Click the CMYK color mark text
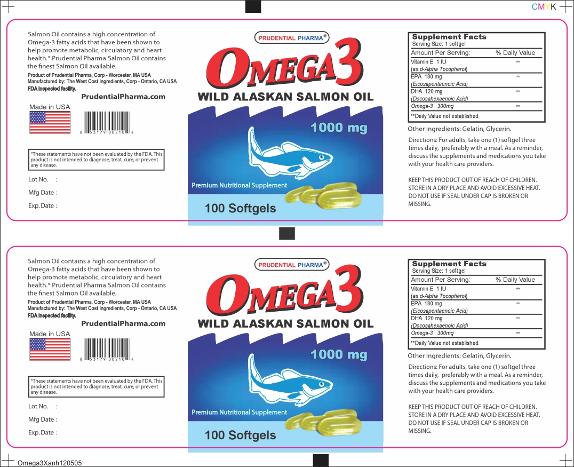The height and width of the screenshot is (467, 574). coord(544,6)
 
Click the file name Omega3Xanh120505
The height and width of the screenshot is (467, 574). coord(50,463)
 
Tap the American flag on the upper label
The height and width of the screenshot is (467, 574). coord(50,122)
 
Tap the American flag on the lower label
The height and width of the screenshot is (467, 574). coord(50,350)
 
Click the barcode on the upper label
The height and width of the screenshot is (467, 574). coord(107,123)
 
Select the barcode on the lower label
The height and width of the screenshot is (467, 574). coord(107,350)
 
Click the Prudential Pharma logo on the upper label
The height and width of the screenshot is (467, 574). coord(291,38)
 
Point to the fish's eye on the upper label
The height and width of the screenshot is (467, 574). coord(322,157)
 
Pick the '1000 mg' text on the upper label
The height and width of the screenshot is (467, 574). coord(339,128)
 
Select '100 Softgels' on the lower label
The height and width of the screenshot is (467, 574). coord(241,435)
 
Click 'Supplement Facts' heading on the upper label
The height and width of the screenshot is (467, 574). coord(449,37)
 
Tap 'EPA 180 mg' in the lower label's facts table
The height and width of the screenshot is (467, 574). coord(426,304)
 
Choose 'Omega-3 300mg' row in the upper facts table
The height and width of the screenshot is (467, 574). coord(432,106)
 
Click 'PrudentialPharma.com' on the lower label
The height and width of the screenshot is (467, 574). coord(123,324)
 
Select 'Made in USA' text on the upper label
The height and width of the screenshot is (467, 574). coord(50,107)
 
